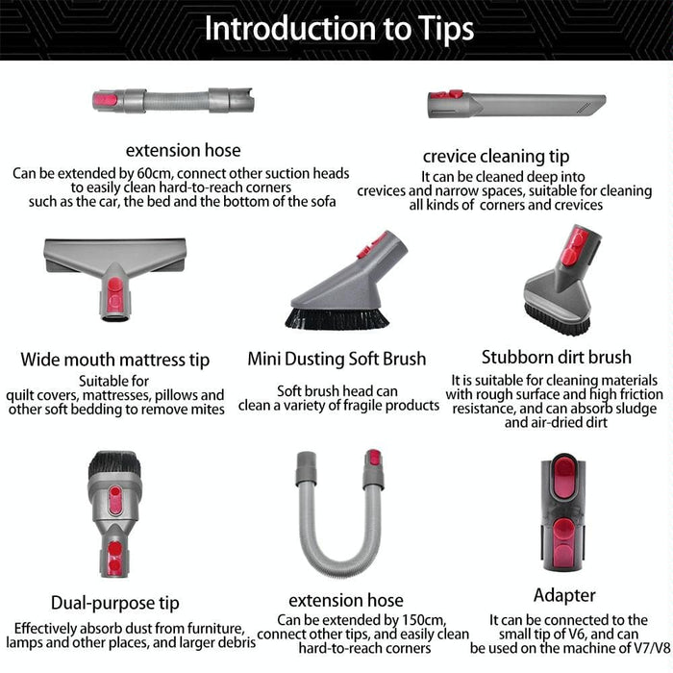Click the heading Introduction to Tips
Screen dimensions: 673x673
click(338, 29)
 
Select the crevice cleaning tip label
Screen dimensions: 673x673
click(495, 156)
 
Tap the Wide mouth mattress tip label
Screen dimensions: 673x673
click(115, 361)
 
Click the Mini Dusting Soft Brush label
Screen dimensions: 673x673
click(336, 359)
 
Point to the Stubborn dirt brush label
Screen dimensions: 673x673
click(557, 358)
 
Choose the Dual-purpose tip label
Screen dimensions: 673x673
click(115, 603)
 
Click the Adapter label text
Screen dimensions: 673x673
click(564, 595)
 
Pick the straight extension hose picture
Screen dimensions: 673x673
click(173, 100)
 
